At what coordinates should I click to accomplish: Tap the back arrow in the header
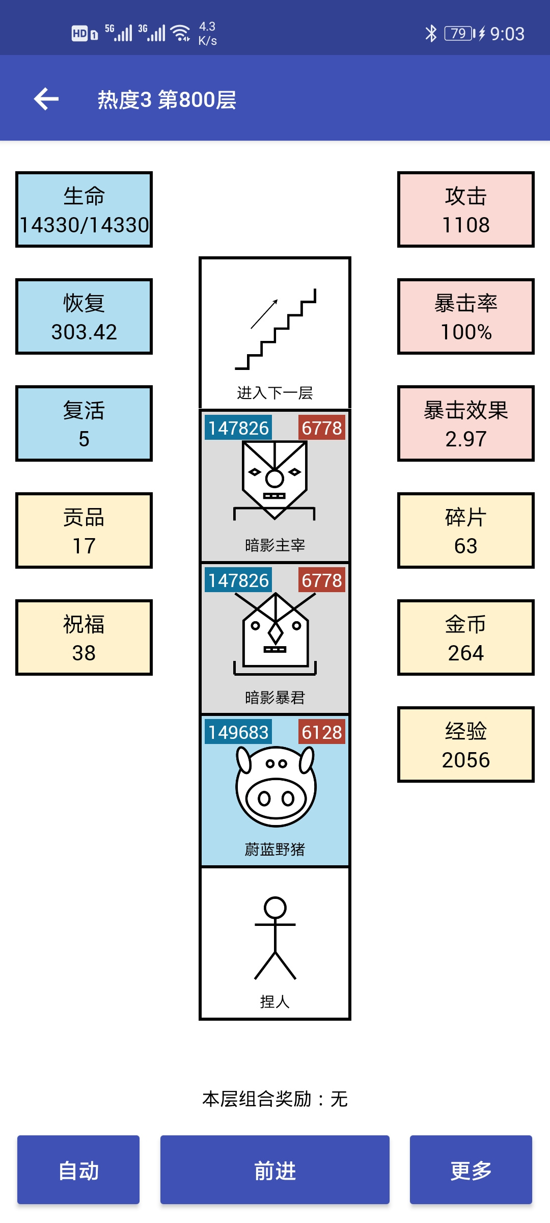tap(46, 99)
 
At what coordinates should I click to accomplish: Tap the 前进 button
tap(275, 1169)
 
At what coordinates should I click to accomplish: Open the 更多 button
tap(471, 1169)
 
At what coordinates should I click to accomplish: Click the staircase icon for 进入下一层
tap(276, 329)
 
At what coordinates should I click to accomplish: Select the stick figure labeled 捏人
tap(275, 938)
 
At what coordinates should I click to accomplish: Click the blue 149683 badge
tap(238, 732)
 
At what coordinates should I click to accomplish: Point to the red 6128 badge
tap(322, 732)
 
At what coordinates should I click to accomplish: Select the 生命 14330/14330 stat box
tap(84, 209)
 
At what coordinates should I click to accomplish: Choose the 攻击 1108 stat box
tap(466, 209)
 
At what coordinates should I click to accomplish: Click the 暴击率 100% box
tap(466, 316)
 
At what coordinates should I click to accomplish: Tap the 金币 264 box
tap(466, 637)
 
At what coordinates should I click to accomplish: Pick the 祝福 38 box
tap(84, 637)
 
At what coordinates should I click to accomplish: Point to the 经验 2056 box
tap(466, 745)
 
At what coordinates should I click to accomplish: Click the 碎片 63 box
tap(466, 530)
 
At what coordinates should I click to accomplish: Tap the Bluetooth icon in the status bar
tap(431, 34)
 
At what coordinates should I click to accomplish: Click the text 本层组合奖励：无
tap(275, 1099)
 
